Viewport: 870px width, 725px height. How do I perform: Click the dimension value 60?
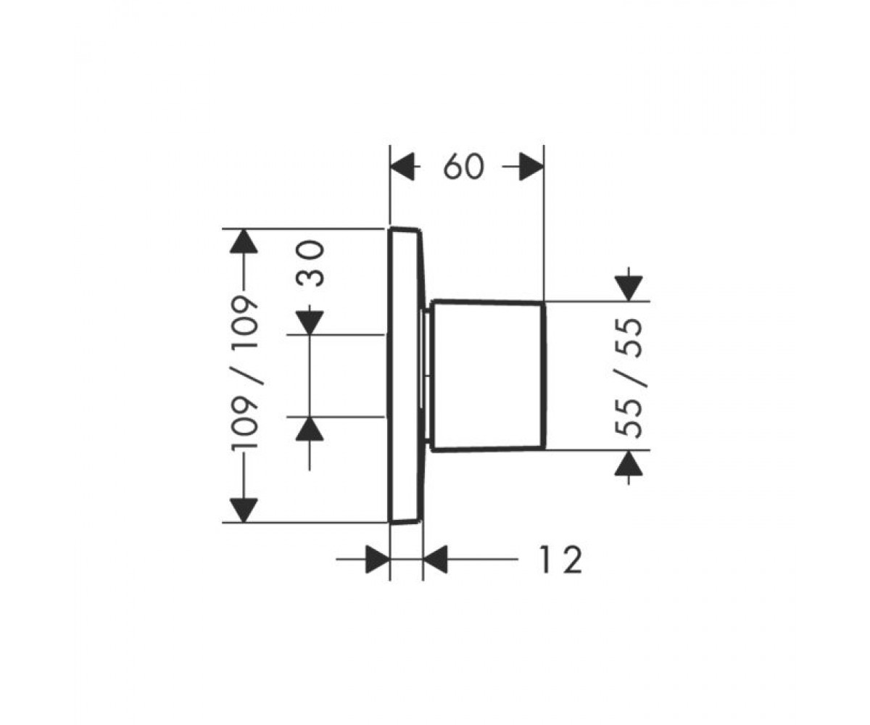tap(463, 167)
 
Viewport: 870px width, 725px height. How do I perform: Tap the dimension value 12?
tap(561, 560)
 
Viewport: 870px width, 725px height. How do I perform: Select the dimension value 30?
tap(310, 264)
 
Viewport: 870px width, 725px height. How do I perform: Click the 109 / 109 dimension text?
tap(245, 372)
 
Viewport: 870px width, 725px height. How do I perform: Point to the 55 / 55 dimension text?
tap(629, 378)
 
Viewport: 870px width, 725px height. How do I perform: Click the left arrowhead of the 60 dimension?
tap(402, 167)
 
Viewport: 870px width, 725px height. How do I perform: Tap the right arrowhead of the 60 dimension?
tap(531, 167)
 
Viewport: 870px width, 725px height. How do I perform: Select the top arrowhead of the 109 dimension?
tap(244, 241)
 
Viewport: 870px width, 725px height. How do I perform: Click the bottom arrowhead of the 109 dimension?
tap(244, 510)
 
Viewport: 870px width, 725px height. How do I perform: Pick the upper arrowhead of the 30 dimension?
tap(310, 323)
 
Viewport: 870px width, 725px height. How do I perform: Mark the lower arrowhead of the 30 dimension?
tap(310, 428)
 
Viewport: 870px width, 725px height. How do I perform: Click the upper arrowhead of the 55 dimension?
tap(629, 289)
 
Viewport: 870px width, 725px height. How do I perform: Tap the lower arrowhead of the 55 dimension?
tap(629, 463)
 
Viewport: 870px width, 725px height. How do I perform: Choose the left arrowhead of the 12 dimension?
tap(378, 559)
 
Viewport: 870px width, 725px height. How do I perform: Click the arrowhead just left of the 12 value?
tap(436, 559)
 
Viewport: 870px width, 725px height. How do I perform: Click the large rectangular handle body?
tap(487, 376)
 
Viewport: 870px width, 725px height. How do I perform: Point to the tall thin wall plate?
tap(406, 376)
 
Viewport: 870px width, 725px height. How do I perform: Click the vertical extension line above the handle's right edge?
tap(544, 223)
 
